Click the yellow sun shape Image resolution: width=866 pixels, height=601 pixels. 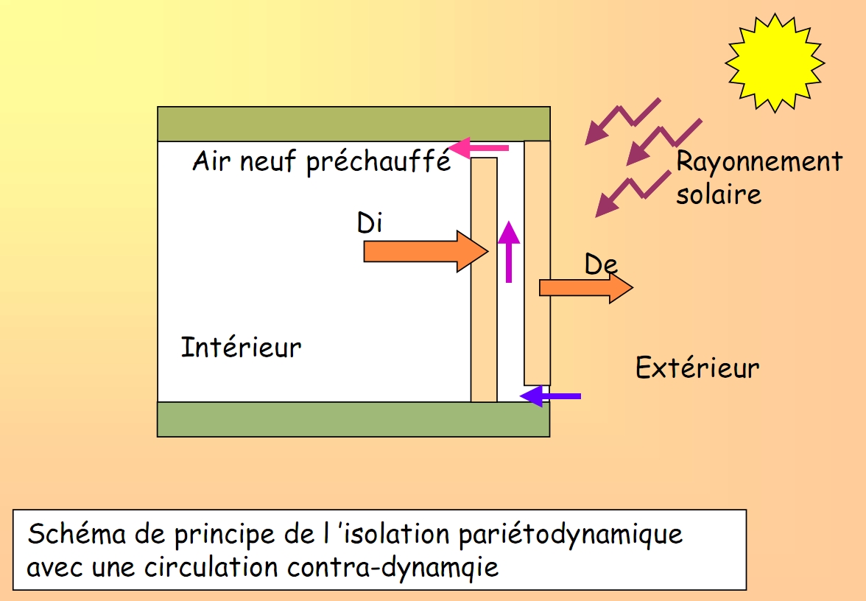775,62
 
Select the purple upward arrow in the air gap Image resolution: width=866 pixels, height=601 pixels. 508,252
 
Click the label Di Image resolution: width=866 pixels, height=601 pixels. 370,222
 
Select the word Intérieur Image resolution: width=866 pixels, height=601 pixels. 242,347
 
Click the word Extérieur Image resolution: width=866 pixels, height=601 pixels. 697,367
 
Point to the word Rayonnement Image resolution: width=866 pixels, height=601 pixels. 759,161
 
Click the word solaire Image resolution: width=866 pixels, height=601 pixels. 719,194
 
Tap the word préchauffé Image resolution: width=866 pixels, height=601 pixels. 379,161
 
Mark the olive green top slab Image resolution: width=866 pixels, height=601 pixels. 353,124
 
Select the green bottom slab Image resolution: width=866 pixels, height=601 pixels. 353,419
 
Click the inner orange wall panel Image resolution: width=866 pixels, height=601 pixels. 484,280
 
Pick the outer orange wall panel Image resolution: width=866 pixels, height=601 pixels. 538,262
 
